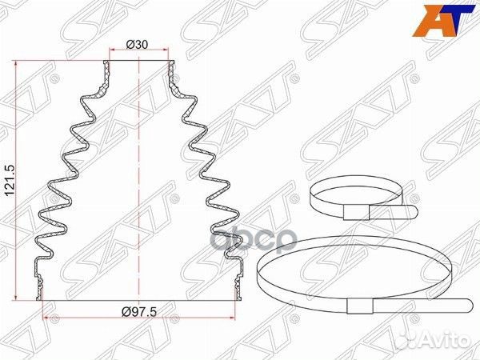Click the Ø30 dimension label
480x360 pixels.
pyautogui.click(x=138, y=45)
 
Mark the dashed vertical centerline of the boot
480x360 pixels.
pyautogui.click(x=139, y=176)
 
